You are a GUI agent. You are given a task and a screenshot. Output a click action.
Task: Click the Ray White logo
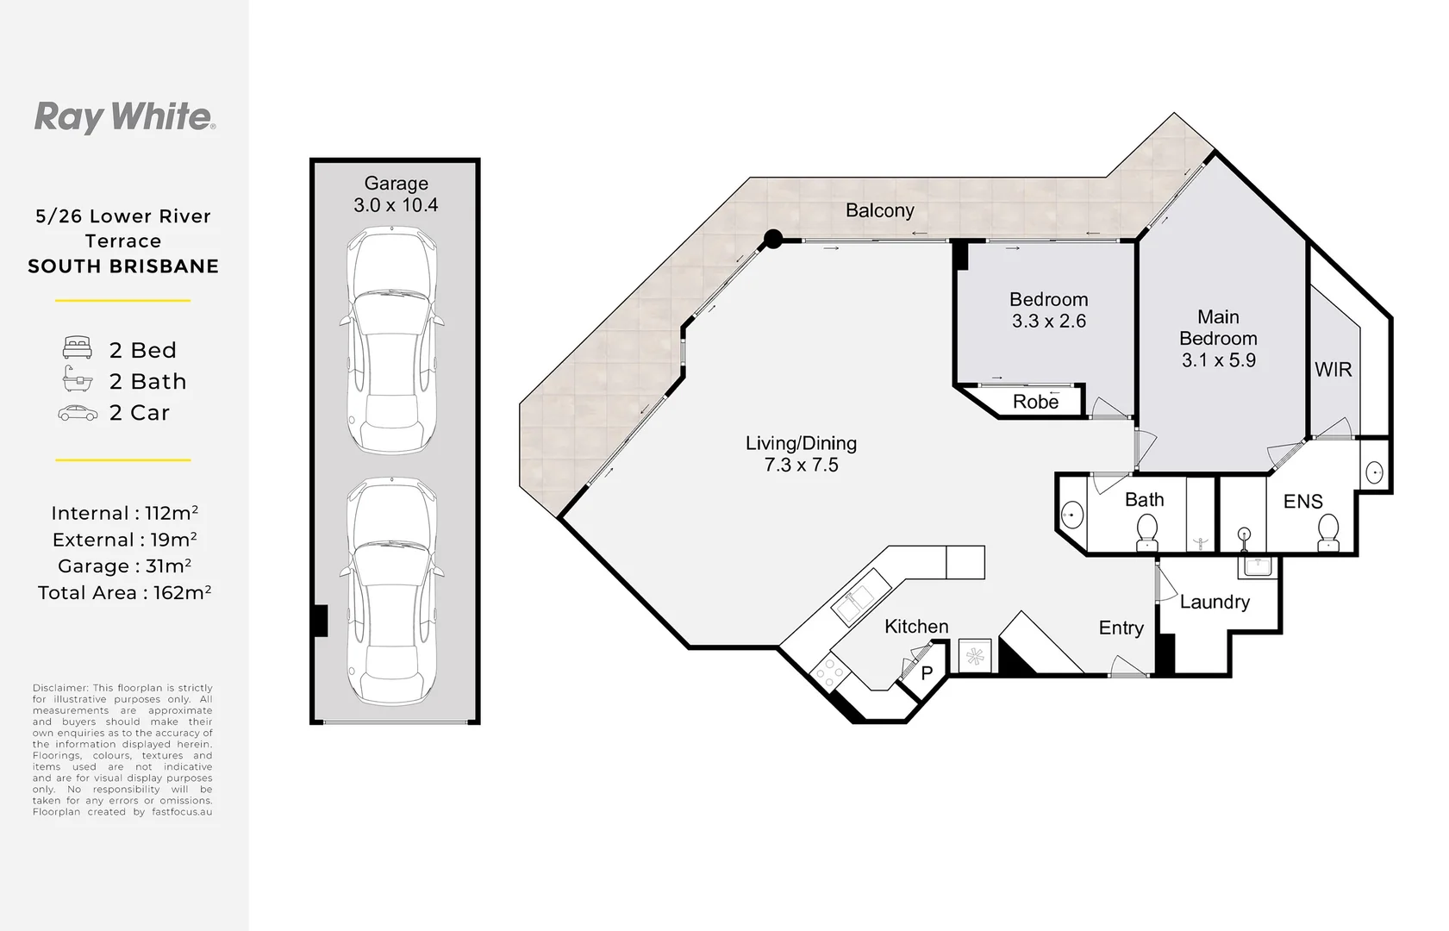124,117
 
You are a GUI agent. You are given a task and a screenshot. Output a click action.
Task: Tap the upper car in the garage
391,341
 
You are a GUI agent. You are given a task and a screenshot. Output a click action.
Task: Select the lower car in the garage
391,591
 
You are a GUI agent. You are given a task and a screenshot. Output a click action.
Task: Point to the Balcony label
879,210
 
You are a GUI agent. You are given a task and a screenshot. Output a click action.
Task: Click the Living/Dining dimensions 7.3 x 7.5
801,465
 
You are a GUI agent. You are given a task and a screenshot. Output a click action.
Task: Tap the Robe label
1035,402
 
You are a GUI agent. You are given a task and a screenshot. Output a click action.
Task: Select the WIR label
1333,370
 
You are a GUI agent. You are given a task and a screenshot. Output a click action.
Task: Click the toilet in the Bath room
1147,532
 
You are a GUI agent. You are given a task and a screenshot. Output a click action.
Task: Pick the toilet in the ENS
1328,532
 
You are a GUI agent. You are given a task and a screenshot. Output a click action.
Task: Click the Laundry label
1215,602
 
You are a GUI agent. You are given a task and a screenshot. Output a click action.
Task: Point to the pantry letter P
927,673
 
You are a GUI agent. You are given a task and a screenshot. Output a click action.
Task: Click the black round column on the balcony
773,239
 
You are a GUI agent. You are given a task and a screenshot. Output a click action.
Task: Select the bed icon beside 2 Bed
78,349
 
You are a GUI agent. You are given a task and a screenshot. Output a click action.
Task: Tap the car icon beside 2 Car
78,413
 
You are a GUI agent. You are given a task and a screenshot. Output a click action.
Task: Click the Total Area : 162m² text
124,593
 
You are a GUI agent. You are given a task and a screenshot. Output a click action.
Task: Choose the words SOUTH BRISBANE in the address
123,266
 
